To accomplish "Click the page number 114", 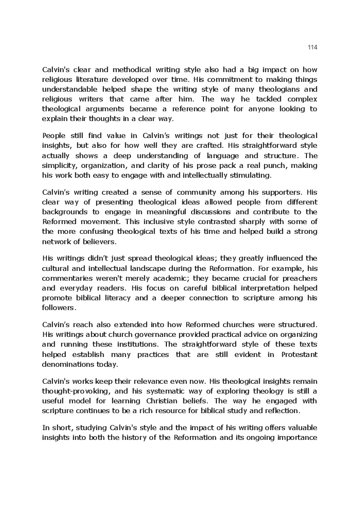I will point(312,47).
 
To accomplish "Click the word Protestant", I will point(299,354).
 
